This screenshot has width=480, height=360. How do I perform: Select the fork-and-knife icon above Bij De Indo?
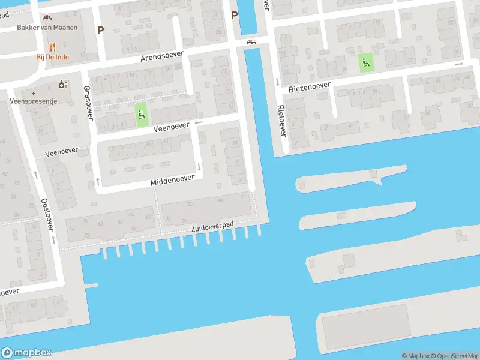[x=52, y=46]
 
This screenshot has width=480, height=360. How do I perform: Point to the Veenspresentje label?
[x=34, y=101]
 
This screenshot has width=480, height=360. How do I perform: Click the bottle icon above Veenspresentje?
[x=61, y=85]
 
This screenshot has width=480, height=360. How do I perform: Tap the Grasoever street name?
[x=88, y=102]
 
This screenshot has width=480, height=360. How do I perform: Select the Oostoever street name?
[x=47, y=214]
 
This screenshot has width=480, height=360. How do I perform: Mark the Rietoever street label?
[x=281, y=120]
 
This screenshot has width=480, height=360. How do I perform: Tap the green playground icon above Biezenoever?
[x=365, y=61]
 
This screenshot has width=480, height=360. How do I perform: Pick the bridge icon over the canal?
[x=252, y=42]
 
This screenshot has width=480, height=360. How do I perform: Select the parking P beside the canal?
[x=235, y=16]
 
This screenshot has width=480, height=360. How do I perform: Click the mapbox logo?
[x=26, y=353]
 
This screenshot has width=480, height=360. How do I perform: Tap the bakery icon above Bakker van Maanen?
[x=48, y=17]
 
